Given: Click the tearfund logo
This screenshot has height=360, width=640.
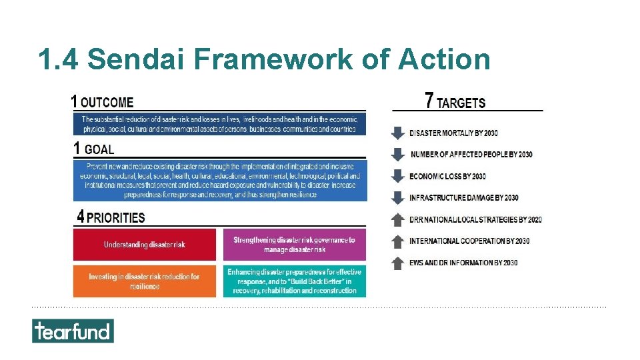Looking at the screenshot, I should coord(73,331).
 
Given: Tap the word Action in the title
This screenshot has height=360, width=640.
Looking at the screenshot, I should coord(444,59).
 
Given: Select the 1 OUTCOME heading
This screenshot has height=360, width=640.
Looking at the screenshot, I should coord(103,102).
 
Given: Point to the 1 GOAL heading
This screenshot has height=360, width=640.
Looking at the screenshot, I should coord(94,149).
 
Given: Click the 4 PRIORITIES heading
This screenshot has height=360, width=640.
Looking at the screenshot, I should coord(111,217).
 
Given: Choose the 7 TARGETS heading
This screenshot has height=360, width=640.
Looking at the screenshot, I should coord(455,101).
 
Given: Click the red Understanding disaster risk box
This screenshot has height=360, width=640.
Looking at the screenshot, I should coord(145,245).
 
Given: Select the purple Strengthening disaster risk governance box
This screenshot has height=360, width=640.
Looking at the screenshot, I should coord(294,245).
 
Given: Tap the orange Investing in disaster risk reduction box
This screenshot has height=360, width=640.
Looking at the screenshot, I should coord(145,281).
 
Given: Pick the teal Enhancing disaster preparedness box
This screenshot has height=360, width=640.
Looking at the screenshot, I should coord(294,281).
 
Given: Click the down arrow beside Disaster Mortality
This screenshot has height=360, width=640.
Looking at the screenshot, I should coord(397,133).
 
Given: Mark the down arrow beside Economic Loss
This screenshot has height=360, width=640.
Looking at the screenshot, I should coord(397,176).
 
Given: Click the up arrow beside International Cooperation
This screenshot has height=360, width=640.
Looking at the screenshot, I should coord(397,241).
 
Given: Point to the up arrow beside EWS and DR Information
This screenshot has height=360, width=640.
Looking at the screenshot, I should coord(397,263).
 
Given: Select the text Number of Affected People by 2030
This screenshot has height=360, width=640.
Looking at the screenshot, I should coord(471,155).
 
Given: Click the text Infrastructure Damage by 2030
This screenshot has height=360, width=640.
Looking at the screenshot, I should coord(464,198).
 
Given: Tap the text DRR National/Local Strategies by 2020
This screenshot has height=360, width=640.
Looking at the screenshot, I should coord(475,219).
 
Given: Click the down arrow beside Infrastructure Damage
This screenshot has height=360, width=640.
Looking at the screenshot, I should coord(397,197).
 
